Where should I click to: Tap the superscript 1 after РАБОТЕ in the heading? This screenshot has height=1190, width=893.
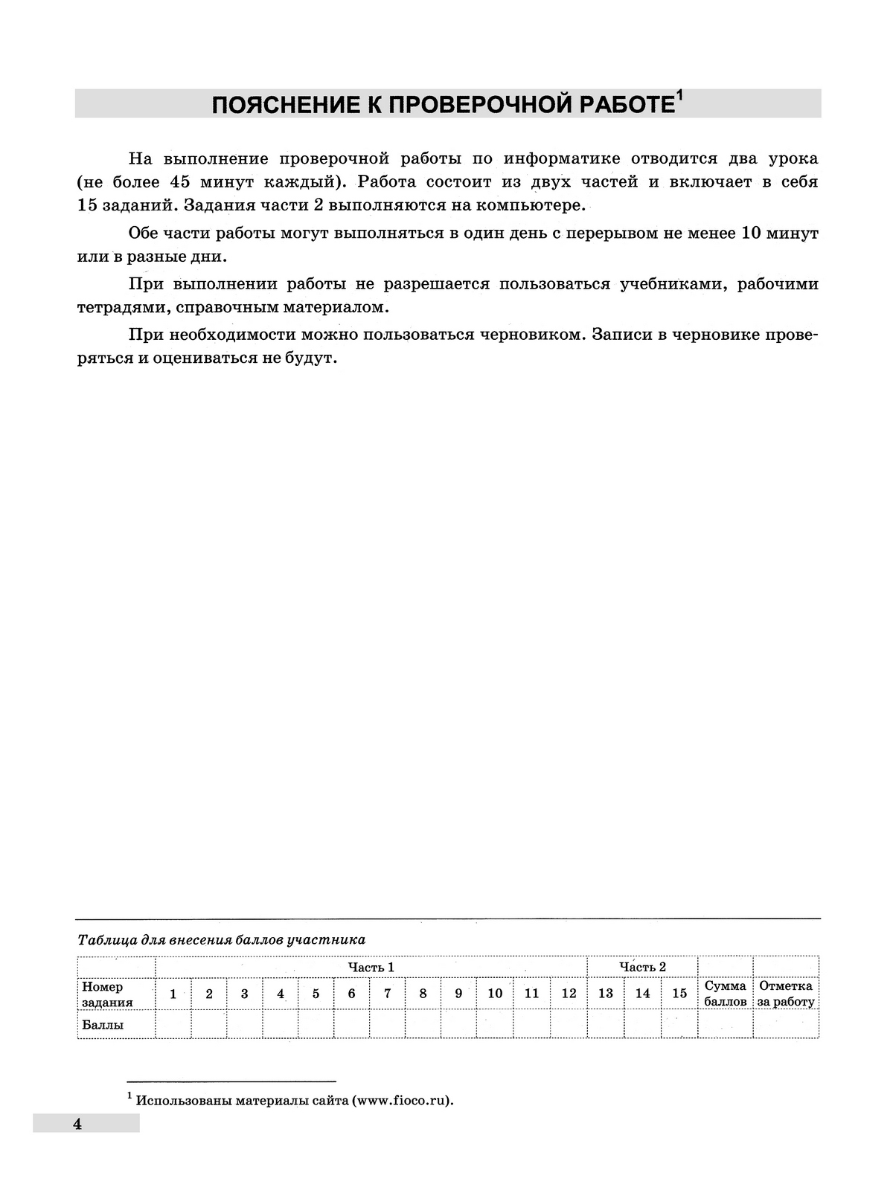click(x=679, y=96)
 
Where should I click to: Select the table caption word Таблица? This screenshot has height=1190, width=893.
click(x=104, y=940)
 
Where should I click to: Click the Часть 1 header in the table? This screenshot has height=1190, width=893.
click(x=371, y=967)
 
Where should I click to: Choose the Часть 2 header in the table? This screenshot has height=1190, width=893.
click(x=642, y=967)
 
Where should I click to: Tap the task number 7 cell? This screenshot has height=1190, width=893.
click(x=387, y=994)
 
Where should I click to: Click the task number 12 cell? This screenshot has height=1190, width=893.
click(x=569, y=994)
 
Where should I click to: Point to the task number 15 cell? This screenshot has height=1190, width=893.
click(x=679, y=994)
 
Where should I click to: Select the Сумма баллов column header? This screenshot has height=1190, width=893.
click(x=725, y=994)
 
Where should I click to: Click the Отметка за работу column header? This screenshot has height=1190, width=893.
click(x=786, y=994)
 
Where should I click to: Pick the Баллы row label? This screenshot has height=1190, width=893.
click(x=103, y=1024)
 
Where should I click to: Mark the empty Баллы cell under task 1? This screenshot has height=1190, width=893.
click(x=173, y=1024)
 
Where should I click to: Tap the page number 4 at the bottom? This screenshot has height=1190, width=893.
click(x=77, y=1124)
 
